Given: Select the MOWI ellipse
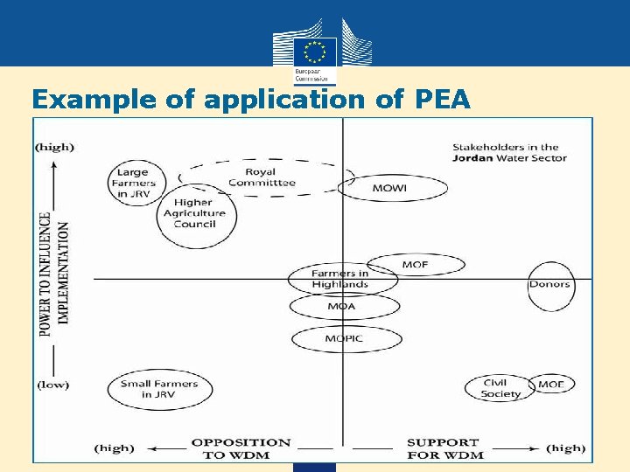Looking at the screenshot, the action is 393,188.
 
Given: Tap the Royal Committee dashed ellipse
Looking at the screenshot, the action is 262,177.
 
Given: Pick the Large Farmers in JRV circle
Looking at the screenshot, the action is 133,183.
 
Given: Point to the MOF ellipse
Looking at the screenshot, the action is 415,265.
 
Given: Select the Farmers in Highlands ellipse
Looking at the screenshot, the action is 340,279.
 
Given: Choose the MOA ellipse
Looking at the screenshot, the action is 342,307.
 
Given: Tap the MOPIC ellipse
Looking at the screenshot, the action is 344,338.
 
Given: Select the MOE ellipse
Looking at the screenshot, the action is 551,385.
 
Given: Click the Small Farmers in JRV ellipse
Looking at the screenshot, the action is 159,389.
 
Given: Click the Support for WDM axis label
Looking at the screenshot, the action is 444,448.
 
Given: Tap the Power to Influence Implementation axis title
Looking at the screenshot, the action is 54,267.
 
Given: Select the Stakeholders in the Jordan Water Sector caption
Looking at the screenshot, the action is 509,153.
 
